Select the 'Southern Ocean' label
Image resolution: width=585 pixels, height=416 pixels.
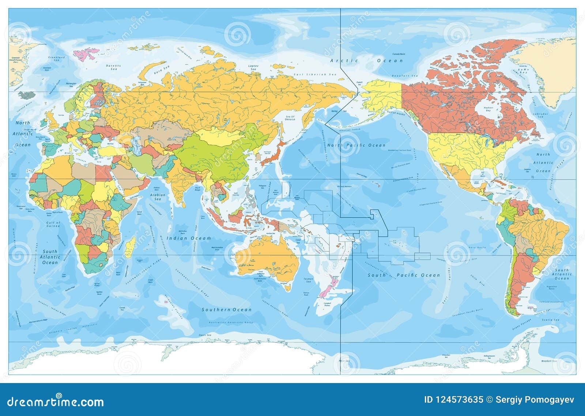[x=227, y=309]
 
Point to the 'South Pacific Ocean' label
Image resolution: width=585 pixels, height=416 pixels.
[x=404, y=275]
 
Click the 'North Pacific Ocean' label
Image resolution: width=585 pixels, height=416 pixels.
[x=356, y=145]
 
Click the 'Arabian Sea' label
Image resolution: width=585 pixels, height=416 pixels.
[x=158, y=197]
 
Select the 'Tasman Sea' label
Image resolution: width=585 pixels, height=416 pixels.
[x=308, y=280]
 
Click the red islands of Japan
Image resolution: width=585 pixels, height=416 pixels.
[x=271, y=154]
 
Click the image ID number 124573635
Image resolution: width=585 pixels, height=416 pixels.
[x=454, y=400]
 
